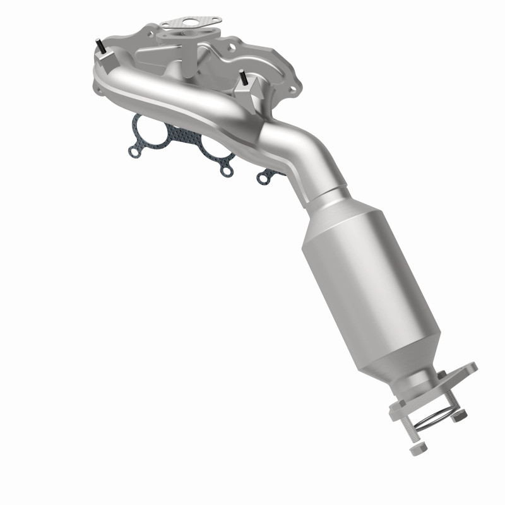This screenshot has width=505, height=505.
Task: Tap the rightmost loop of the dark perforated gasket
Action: [x=263, y=179]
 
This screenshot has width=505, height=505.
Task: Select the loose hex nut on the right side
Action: [x=460, y=415]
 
